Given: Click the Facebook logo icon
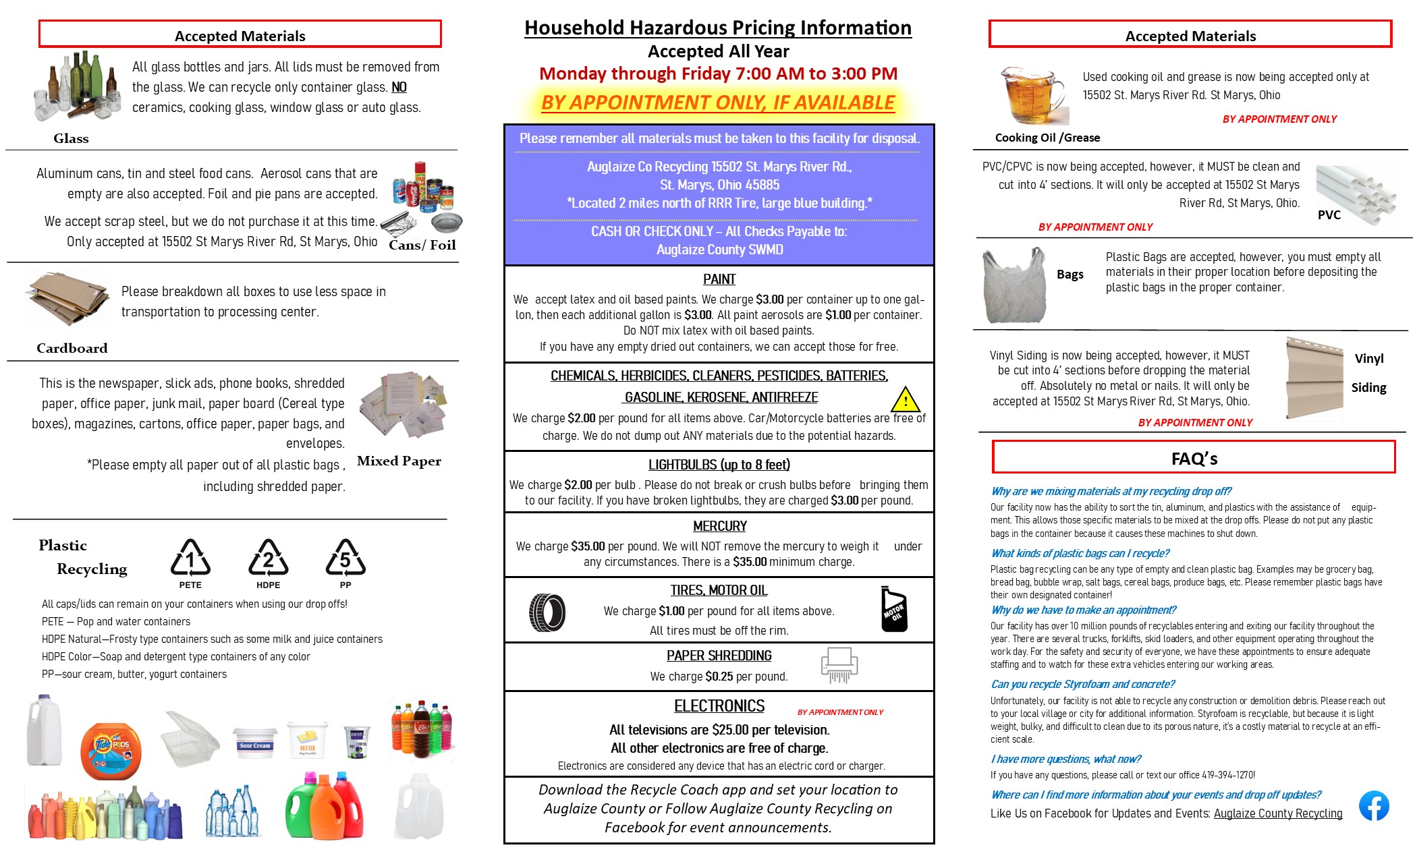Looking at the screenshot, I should [x=1374, y=805].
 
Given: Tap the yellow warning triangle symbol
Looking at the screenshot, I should [x=906, y=400].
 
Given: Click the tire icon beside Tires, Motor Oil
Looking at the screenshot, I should [x=547, y=612].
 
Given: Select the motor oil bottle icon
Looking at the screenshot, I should [x=894, y=610].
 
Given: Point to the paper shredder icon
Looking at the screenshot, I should [x=839, y=666].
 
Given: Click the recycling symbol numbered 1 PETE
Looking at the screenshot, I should [x=190, y=559].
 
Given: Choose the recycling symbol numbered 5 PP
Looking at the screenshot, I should [x=345, y=559].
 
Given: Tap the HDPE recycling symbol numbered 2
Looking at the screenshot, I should [x=268, y=559].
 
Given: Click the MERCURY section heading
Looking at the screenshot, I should [x=719, y=526].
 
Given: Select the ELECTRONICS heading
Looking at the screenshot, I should [x=719, y=706].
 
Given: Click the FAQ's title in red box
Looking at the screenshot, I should [x=1194, y=459].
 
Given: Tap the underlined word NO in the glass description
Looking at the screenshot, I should [x=399, y=87].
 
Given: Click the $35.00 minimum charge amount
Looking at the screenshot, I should [x=749, y=562].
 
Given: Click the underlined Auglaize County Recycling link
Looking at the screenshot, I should [x=1277, y=813].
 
